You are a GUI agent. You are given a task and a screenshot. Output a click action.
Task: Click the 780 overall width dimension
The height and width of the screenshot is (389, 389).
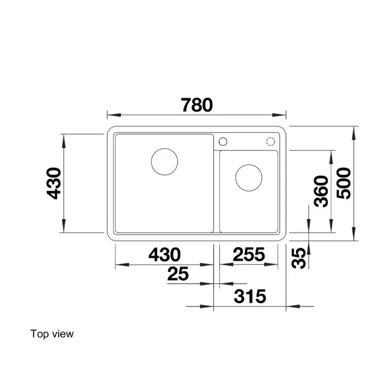pos(197,105)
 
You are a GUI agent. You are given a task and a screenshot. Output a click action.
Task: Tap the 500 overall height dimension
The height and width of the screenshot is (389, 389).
pos(344,183)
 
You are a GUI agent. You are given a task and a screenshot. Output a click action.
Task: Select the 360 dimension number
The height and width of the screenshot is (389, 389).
pos(321,191)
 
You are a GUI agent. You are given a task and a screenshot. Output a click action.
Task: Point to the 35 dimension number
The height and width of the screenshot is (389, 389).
pos(298,258)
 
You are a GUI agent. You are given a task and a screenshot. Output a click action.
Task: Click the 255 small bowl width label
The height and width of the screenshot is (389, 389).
pos(249,254)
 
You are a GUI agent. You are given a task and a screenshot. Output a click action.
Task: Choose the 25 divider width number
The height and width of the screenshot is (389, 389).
pos(178,274)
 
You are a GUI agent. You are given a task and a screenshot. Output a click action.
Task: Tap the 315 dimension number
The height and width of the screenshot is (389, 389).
pos(250,296)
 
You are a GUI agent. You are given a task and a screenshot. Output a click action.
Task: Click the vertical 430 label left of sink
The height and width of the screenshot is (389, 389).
pos(54,183)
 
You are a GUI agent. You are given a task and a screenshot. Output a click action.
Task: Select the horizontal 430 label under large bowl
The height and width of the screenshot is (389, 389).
pos(164,254)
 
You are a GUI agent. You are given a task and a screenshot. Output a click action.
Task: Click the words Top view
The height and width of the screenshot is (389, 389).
pos(52,334)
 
